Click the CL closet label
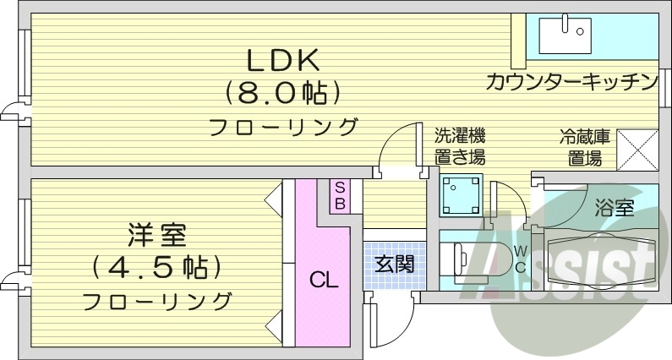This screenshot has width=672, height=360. coord(323,278)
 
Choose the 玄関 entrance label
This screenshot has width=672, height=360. coord(394,263)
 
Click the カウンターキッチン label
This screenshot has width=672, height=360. coord(571,82)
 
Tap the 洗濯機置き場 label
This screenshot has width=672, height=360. coord(460,146)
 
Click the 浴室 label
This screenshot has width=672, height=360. coord(614,208)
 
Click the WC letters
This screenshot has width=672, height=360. coord(520,259)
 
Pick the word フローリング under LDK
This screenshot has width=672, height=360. coord(283,128)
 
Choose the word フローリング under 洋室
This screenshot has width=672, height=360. coord(158,300)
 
